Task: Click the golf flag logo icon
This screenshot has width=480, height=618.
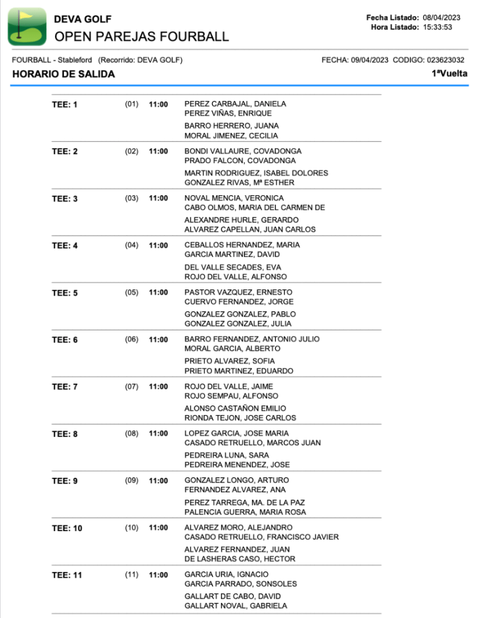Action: [27, 27]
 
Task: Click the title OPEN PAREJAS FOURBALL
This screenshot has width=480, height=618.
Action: [141, 37]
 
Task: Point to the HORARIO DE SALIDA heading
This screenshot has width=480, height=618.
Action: [63, 74]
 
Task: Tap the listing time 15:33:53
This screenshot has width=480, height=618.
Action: [438, 27]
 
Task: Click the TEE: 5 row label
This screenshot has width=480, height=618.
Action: [65, 293]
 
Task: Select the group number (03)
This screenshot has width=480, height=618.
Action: [132, 198]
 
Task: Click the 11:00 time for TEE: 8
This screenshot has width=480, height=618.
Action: [158, 434]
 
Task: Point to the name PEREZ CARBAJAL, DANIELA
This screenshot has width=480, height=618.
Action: [235, 104]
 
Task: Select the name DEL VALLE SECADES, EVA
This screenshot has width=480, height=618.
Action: [232, 267]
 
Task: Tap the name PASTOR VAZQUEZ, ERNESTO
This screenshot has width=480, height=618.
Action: [238, 292]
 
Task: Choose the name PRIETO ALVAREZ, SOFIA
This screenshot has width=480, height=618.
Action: [229, 361]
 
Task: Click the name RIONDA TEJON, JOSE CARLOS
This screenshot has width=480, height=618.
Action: [240, 418]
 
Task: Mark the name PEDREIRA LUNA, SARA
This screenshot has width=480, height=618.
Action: [226, 455]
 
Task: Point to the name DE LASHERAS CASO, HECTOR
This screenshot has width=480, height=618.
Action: [240, 559]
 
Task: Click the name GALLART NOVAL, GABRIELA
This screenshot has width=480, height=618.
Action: [235, 606]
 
